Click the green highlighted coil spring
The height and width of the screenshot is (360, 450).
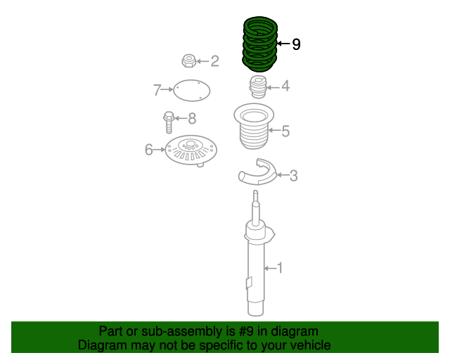tap(259, 44)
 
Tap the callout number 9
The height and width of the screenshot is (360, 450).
tap(296, 44)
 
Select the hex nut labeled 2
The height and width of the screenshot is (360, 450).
tap(188, 61)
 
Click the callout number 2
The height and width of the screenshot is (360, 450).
tap(214, 61)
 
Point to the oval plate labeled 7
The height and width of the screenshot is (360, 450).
tap(191, 90)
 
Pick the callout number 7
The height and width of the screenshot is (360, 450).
tap(157, 89)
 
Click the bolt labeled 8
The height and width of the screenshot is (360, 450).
tap(169, 122)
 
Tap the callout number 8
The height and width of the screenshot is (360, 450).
tap(191, 118)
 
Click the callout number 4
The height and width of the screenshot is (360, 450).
tap(285, 86)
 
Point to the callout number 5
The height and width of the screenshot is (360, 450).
tap(285, 130)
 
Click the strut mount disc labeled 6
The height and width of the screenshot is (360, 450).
tap(191, 150)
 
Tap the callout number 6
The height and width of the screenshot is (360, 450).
tap(148, 149)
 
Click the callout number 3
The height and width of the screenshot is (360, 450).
tap(293, 175)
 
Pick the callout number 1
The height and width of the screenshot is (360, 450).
tap(279, 267)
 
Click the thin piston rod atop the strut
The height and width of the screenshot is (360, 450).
tap(256, 207)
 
